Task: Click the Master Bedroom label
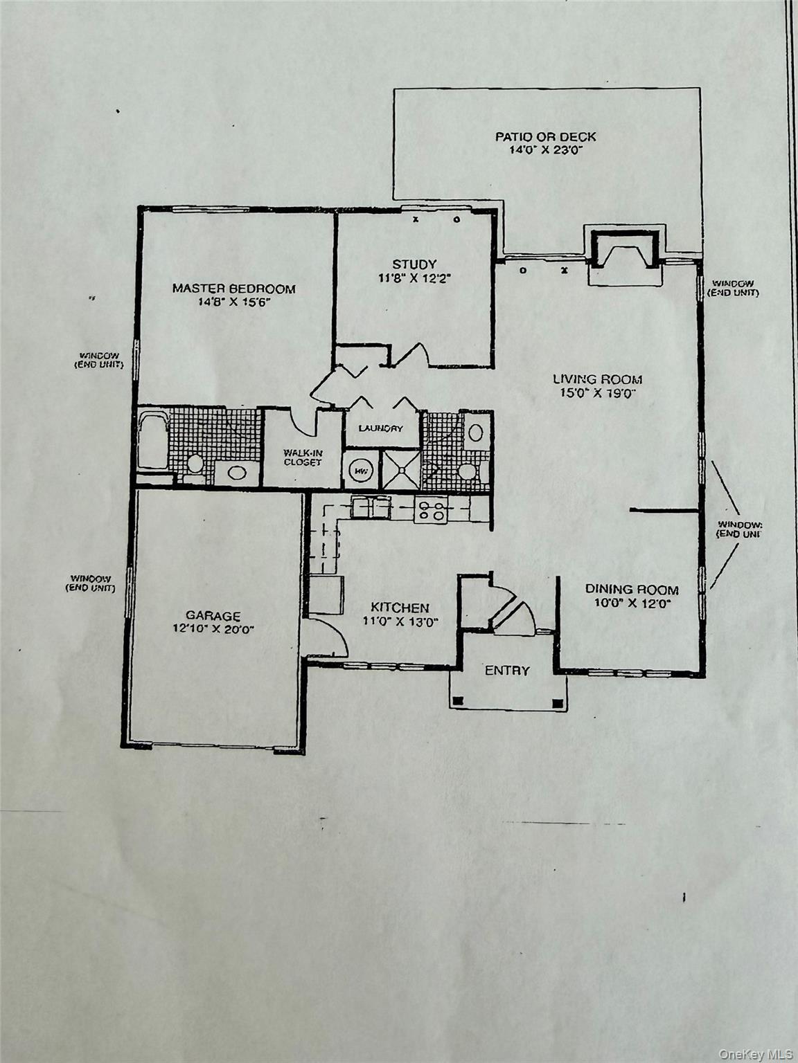click(x=233, y=289)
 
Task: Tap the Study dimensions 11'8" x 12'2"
click(x=414, y=278)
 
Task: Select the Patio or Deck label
click(x=545, y=136)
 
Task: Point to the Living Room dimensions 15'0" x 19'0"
click(x=596, y=393)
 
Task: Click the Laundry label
click(x=380, y=428)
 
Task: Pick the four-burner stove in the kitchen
click(x=430, y=511)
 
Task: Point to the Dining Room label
click(x=632, y=590)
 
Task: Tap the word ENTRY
click(x=506, y=671)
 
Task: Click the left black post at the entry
click(x=457, y=702)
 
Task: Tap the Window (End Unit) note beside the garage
click(x=90, y=583)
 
